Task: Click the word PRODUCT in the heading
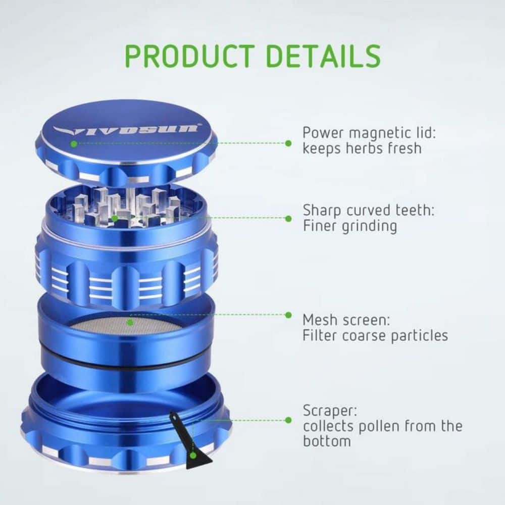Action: click(190, 56)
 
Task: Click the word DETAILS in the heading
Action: click(324, 56)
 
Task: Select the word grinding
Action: click(369, 226)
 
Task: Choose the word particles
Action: click(419, 336)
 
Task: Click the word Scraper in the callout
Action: click(330, 411)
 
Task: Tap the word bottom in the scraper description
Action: click(327, 441)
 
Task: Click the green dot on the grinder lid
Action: click(74, 143)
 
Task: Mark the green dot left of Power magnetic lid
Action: click(288, 143)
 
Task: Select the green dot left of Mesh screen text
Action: click(288, 315)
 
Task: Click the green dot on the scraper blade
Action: click(192, 456)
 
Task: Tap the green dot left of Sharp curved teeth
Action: click(288, 219)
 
